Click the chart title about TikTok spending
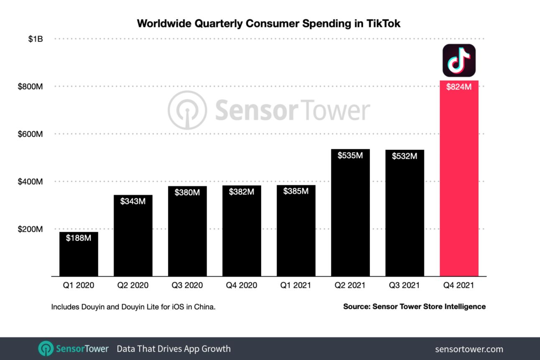[268, 23]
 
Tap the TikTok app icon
[459, 60]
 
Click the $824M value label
[459, 87]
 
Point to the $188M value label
[79, 238]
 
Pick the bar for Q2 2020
[133, 238]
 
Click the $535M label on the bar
[350, 156]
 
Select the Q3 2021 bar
[405, 217]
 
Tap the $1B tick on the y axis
[36, 39]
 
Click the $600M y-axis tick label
[31, 134]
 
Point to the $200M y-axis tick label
[31, 229]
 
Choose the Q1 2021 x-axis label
[296, 286]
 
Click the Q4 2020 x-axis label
[242, 286]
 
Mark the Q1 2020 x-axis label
[79, 286]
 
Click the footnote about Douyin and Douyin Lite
[133, 307]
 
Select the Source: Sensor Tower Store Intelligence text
[414, 306]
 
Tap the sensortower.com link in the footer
[469, 349]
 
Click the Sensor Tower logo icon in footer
[46, 349]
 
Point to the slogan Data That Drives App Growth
[173, 349]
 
